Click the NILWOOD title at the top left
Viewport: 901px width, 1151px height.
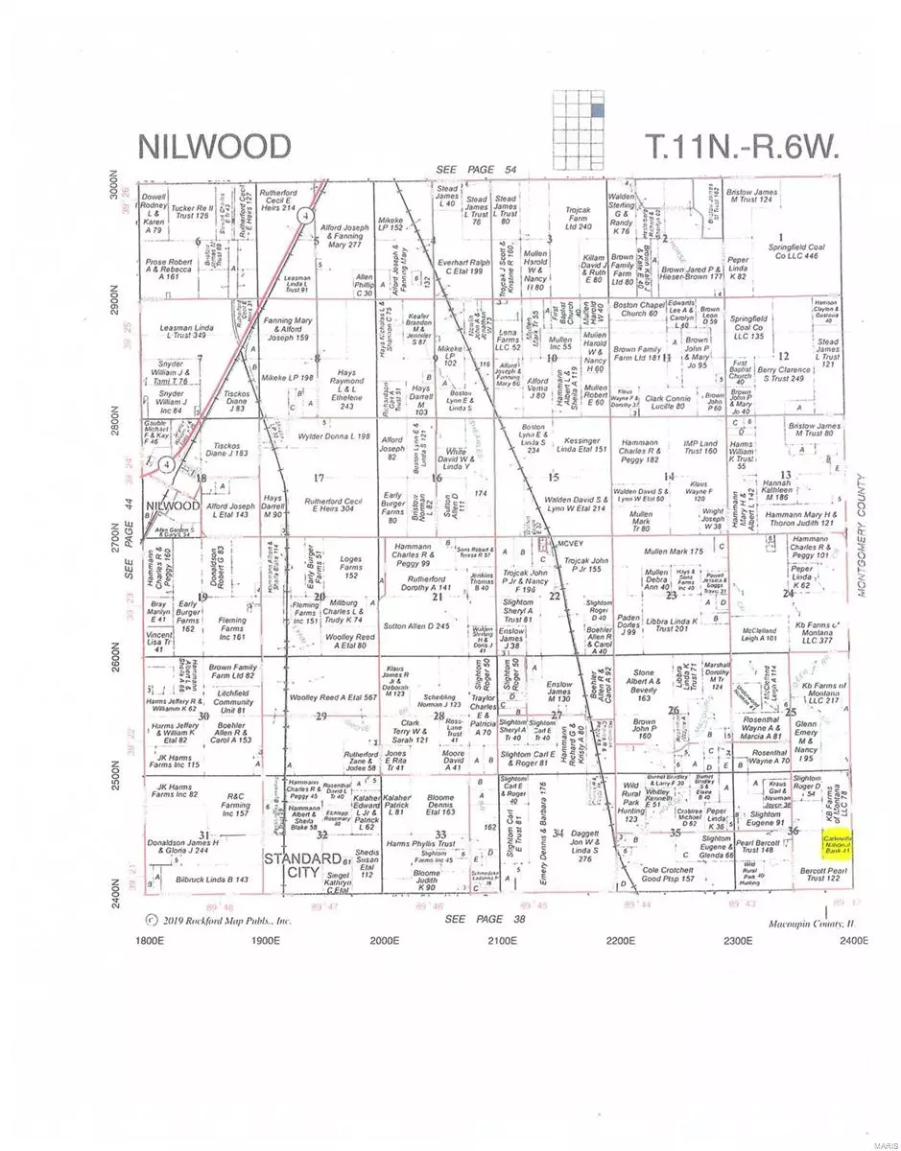coord(215,146)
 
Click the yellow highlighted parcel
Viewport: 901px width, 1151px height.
coord(838,844)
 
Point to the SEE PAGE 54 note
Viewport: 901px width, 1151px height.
coord(474,170)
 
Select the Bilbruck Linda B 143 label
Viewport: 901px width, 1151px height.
coord(213,879)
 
